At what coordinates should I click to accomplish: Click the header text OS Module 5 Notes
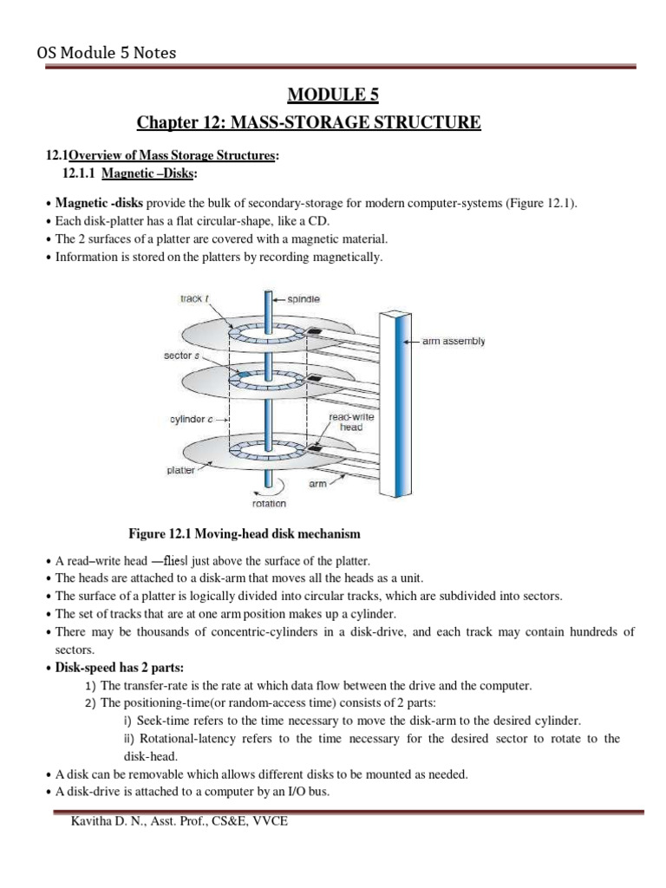[106, 54]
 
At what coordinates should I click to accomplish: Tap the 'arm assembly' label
[454, 342]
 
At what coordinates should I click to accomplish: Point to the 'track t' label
[191, 299]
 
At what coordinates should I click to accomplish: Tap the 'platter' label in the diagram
[180, 470]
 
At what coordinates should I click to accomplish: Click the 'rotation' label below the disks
[269, 503]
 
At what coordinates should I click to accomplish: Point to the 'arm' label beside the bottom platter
[317, 484]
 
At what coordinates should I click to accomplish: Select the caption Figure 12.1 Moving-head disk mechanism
[245, 532]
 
